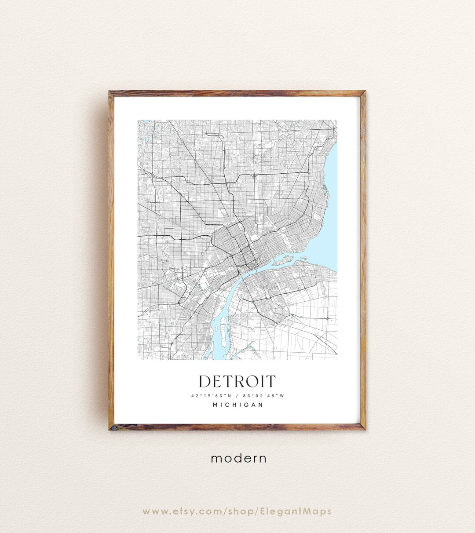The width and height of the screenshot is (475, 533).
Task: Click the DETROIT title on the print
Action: tap(237, 381)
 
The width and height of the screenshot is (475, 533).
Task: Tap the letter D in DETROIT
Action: tap(205, 381)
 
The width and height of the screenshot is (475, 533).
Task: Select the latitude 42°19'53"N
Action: tap(210, 395)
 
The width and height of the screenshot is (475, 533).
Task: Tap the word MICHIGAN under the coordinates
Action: tap(237, 405)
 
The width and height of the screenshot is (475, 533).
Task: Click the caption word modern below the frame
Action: tap(238, 458)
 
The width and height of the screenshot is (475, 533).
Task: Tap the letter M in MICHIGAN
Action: tap(216, 405)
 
